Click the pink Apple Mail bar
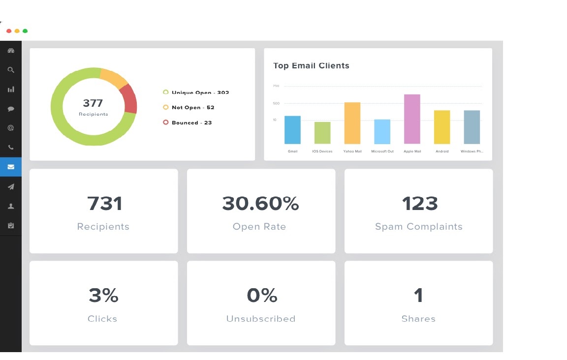click(412, 119)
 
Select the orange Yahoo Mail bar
click(352, 123)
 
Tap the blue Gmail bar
click(292, 130)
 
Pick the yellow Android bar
click(442, 127)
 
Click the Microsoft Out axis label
click(382, 151)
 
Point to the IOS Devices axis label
click(322, 151)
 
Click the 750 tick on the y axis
click(276, 86)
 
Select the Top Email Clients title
click(311, 66)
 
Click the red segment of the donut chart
click(129, 99)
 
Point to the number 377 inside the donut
click(93, 103)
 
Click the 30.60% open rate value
click(260, 204)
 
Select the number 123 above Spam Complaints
click(419, 204)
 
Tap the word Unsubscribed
click(261, 319)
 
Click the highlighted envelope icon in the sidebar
click(11, 167)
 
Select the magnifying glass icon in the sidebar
click(11, 70)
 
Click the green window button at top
click(25, 31)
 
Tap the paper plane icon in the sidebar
click(11, 186)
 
